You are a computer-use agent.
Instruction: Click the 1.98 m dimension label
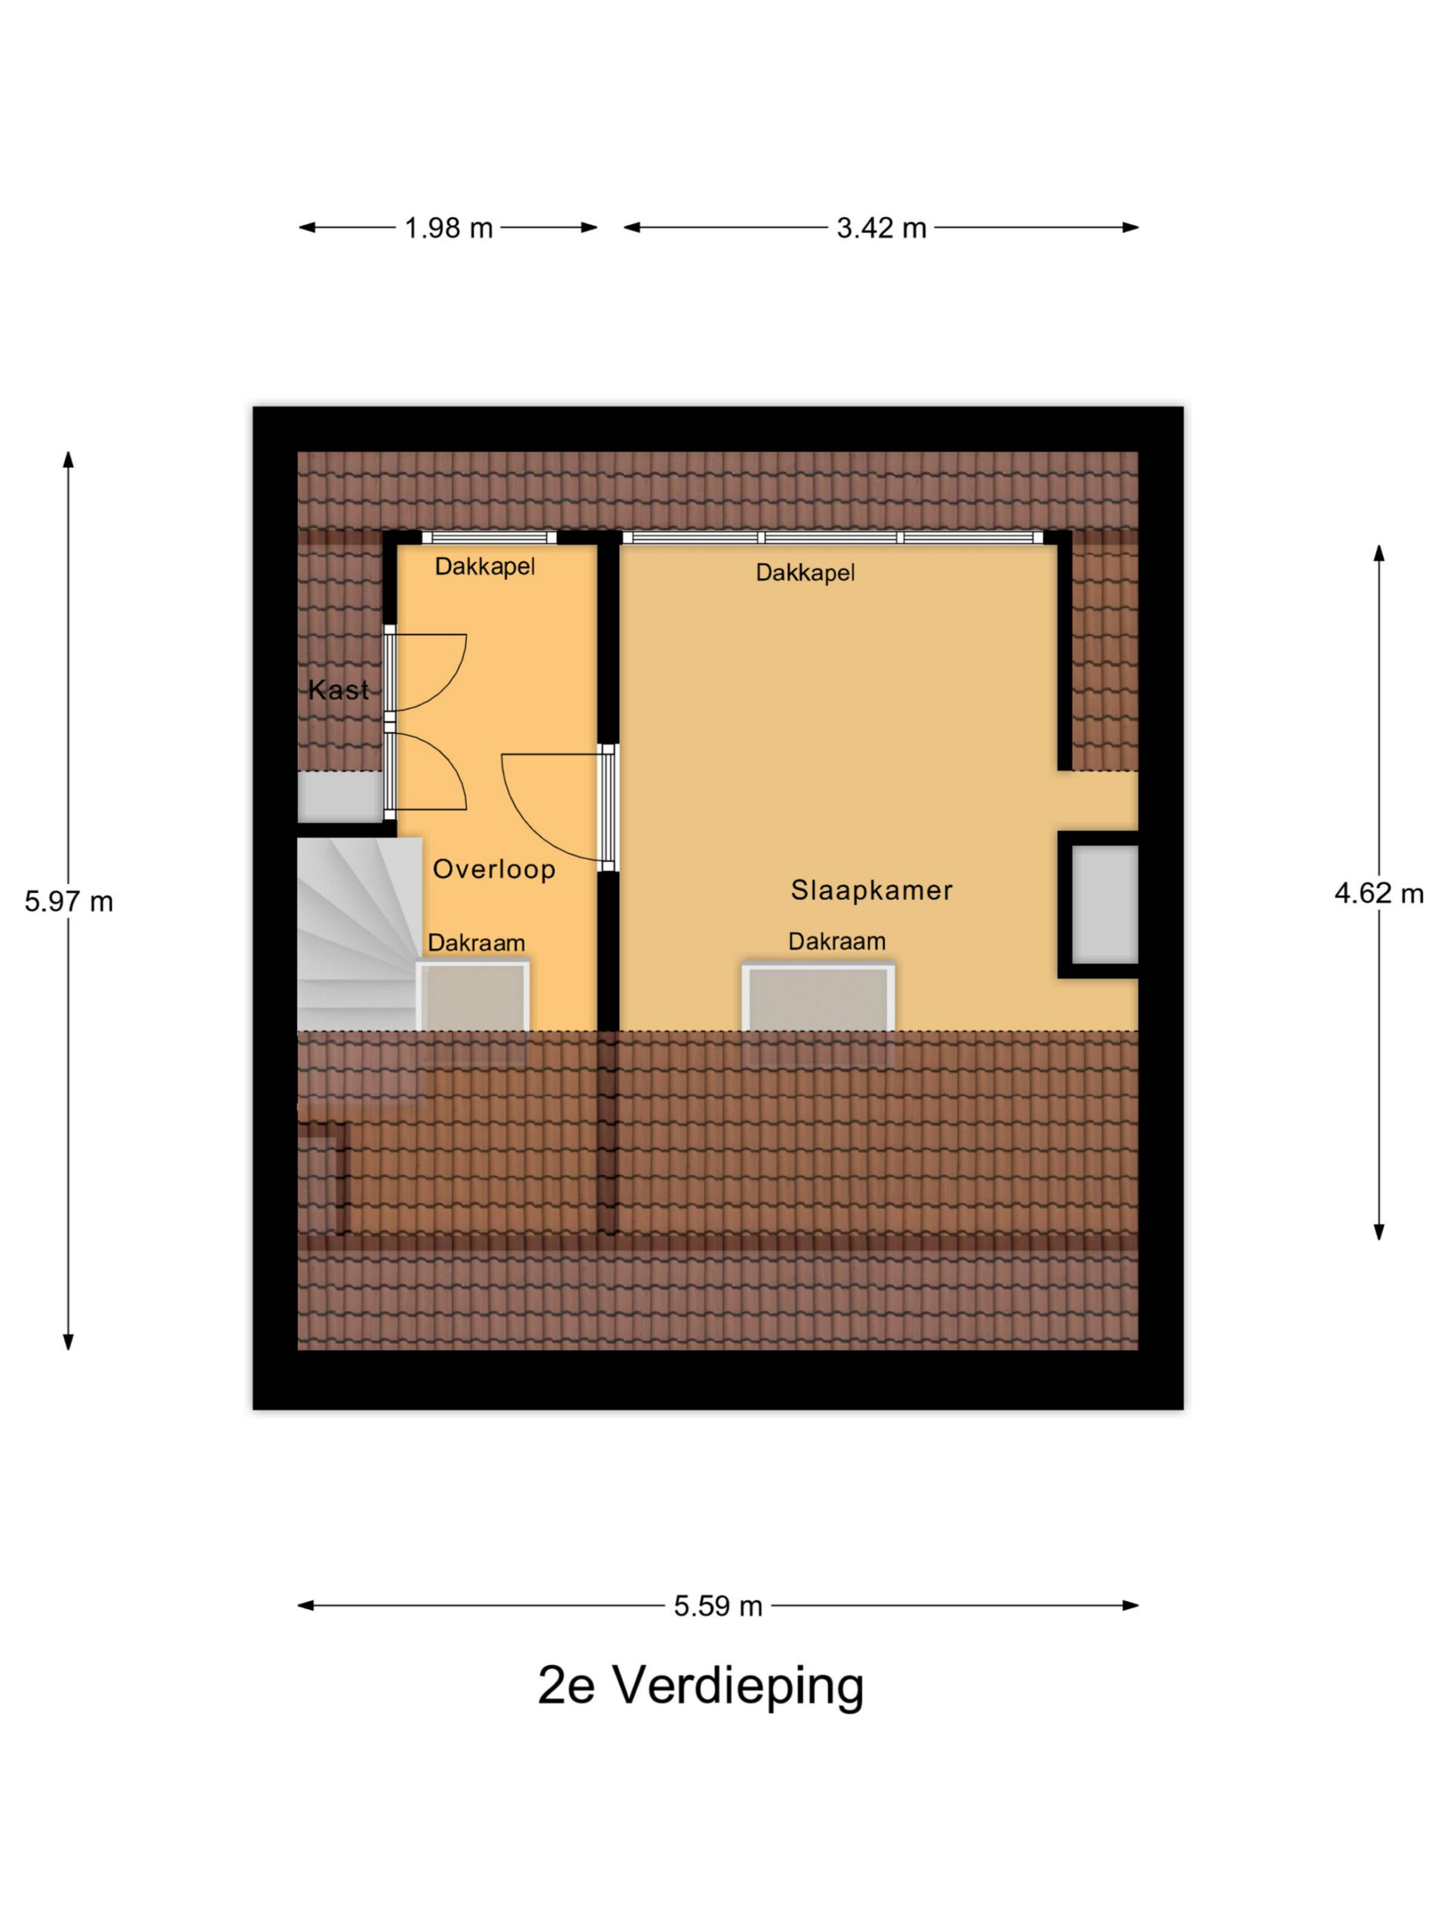tap(449, 228)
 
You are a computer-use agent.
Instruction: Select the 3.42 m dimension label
tap(881, 228)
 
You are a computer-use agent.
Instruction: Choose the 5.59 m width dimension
tap(717, 1605)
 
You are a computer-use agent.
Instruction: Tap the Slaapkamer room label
tap(871, 889)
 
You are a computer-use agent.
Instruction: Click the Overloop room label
tap(494, 869)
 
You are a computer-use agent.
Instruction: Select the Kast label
tap(339, 689)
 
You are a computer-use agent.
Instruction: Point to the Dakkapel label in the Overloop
tap(484, 566)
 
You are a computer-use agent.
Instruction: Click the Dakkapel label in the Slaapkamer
tap(805, 573)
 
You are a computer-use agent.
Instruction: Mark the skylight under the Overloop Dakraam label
tap(473, 997)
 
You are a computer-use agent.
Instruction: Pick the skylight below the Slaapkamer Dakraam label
tap(818, 998)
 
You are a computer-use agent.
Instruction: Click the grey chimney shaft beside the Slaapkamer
tap(1104, 904)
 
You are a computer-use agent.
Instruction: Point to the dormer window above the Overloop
tap(489, 537)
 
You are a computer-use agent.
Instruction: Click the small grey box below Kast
tap(340, 796)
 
